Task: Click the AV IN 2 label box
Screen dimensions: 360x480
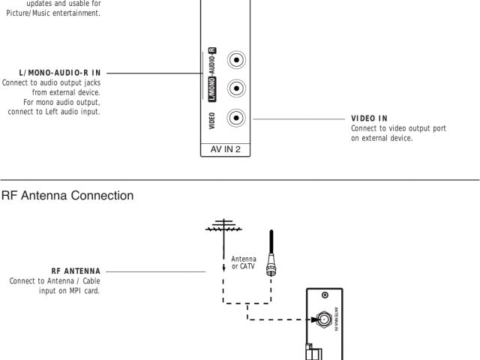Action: point(226,149)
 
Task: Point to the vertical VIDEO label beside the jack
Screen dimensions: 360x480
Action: point(213,118)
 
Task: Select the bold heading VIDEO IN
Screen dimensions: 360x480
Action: point(369,118)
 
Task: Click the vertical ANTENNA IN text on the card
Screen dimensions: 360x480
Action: point(337,318)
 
